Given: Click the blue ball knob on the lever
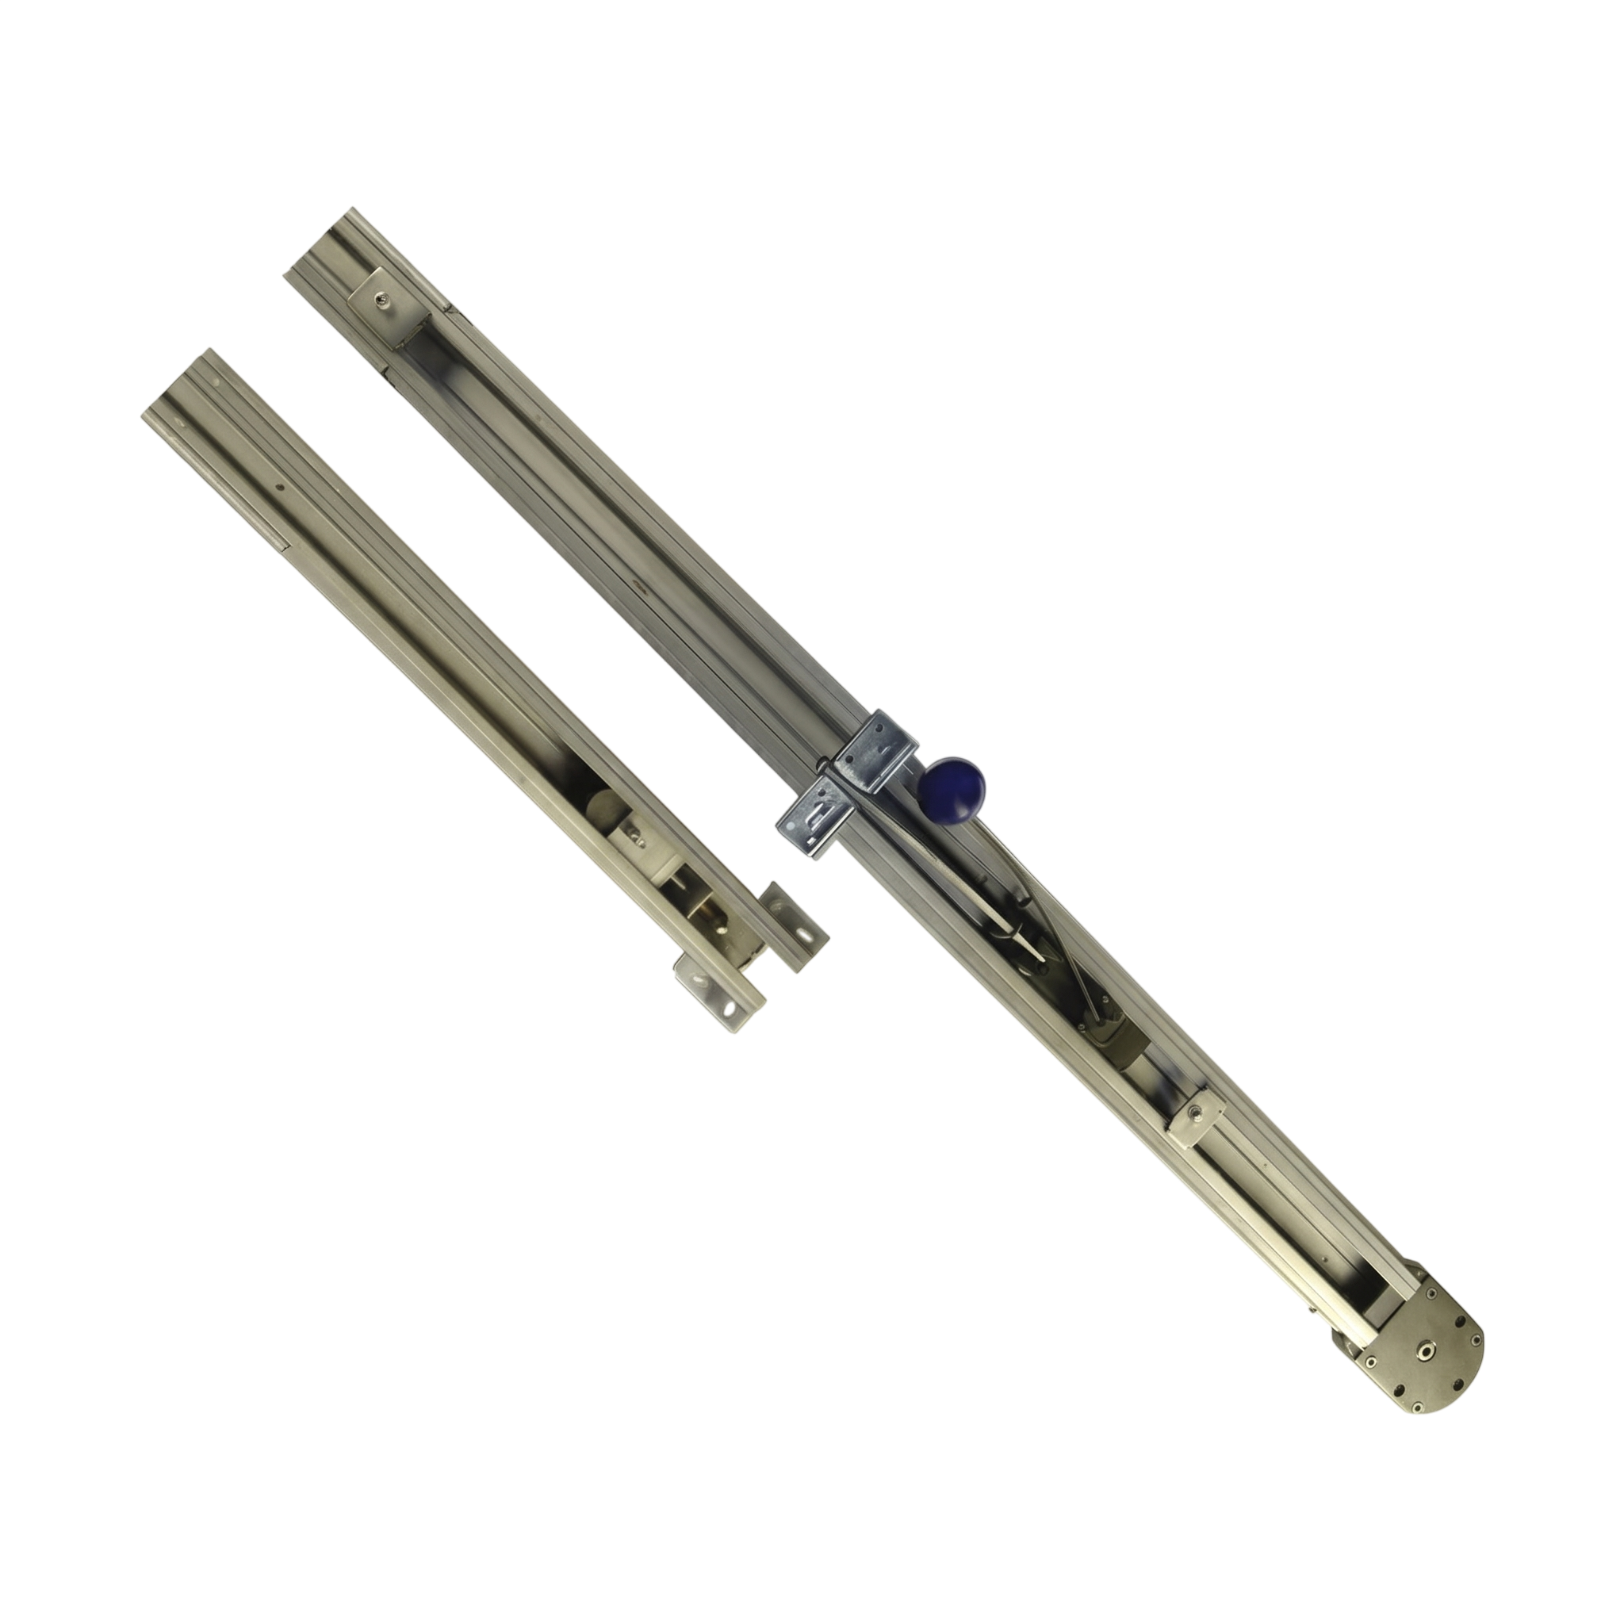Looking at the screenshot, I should (951, 787).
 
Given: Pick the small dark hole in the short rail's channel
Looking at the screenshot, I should (281, 486).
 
